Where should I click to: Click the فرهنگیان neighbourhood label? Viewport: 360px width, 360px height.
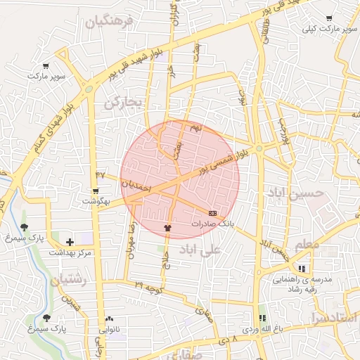pos(109,22)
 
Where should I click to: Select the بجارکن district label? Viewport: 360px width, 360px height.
pos(123,103)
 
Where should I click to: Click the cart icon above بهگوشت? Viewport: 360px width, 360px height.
pos(96,191)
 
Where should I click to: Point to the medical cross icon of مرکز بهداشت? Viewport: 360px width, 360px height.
pos(70,242)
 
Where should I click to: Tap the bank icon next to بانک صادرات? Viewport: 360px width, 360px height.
pos(212,212)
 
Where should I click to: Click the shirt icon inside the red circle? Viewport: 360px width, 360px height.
pos(167,228)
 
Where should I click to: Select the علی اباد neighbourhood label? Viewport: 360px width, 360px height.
pos(200,249)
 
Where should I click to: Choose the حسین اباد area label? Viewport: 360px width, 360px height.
pos(295,191)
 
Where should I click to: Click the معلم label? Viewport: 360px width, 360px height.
pos(307,245)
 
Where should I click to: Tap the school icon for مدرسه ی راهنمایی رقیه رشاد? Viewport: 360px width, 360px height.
pos(302,269)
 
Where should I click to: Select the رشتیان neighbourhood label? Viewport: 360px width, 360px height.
pos(67,280)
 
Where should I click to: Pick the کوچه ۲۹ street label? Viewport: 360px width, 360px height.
pos(149,288)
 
